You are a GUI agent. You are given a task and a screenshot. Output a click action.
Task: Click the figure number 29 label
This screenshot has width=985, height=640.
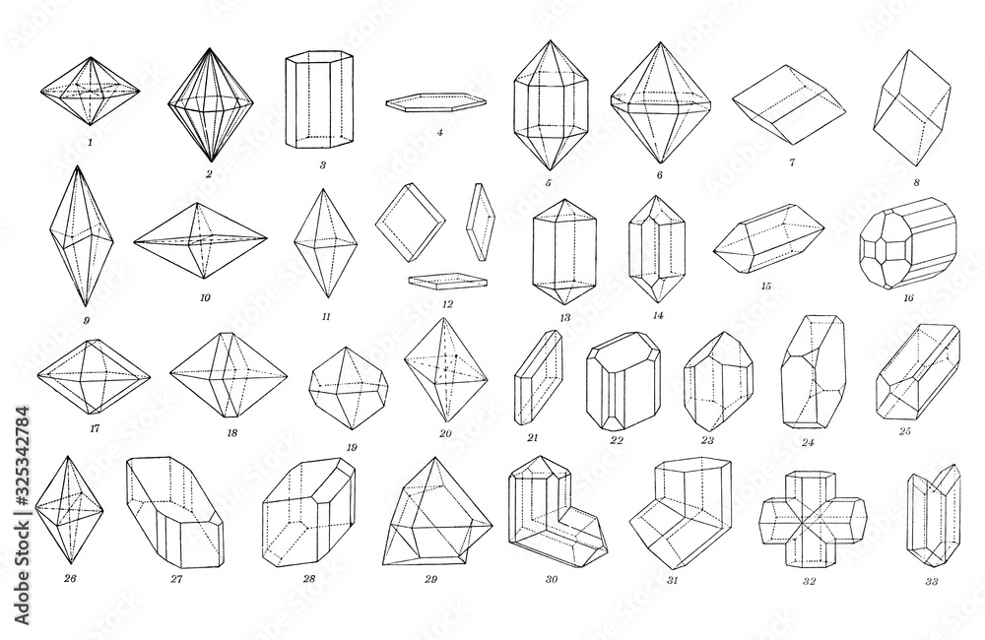point(429,579)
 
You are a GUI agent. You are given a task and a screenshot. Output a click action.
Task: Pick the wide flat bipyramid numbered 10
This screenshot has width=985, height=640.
point(200,240)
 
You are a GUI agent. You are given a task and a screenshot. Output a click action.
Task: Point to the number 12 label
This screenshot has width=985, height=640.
point(447,304)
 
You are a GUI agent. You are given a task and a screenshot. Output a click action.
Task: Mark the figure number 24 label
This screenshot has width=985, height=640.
point(808,442)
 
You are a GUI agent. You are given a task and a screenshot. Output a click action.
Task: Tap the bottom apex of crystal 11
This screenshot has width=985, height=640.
point(326,298)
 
